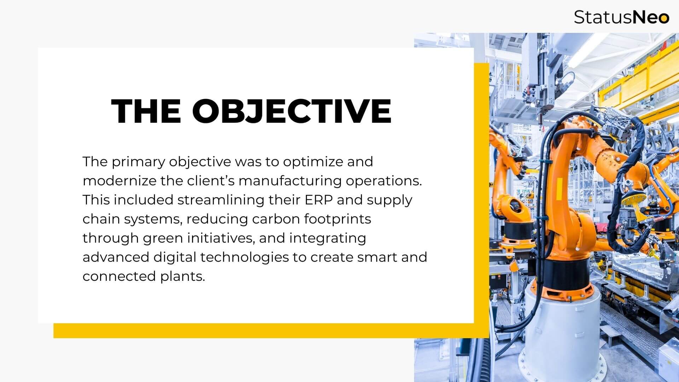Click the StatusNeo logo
click(x=621, y=17)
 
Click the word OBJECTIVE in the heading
click(x=292, y=111)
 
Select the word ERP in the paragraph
click(x=319, y=200)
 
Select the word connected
click(x=120, y=276)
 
